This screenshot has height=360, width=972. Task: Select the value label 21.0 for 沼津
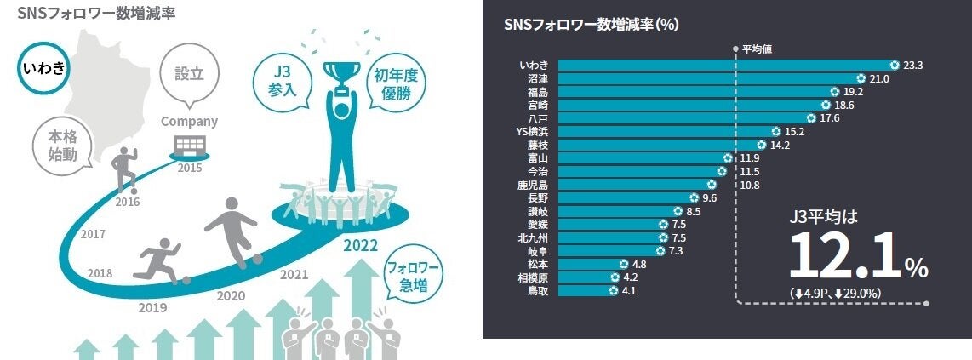tap(878, 78)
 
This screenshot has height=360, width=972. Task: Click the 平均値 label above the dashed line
tap(757, 49)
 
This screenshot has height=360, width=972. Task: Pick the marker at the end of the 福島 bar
tap(835, 92)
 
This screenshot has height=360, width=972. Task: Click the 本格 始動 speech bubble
tap(62, 145)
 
